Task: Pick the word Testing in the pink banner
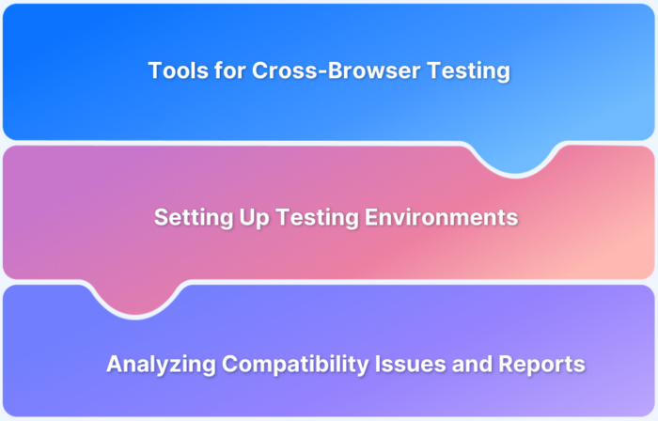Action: tap(304, 218)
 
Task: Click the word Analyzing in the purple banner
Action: tap(156, 364)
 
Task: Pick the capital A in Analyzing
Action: tap(114, 364)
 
